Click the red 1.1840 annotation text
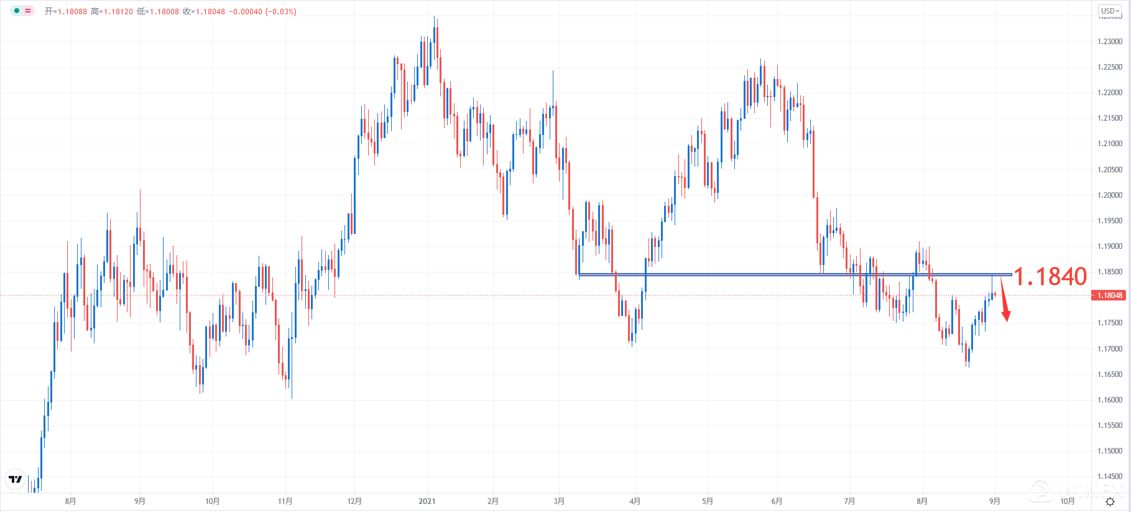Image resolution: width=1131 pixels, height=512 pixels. [x=1050, y=277]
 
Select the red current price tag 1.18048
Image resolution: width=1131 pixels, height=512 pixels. [x=1109, y=296]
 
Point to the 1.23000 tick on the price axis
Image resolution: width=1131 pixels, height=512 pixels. [x=1110, y=42]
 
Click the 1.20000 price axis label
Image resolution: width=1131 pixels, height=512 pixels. [x=1110, y=195]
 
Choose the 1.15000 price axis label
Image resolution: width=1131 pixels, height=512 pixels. [x=1110, y=451]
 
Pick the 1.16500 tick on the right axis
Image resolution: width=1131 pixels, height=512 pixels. [x=1110, y=375]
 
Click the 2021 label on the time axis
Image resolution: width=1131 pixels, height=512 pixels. [x=427, y=501]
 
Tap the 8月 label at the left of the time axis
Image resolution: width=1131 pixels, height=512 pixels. [x=70, y=501]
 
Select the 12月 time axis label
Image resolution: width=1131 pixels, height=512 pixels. [x=354, y=501]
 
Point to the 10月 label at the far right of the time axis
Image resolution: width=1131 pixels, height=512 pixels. [x=1067, y=501]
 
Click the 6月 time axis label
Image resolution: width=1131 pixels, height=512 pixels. [x=777, y=501]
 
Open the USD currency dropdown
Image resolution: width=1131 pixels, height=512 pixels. [x=1110, y=11]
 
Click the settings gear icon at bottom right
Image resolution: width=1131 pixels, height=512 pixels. [x=1110, y=501]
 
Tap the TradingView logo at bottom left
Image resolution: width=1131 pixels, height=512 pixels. [x=16, y=479]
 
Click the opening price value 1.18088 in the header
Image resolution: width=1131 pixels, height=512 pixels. [x=72, y=12]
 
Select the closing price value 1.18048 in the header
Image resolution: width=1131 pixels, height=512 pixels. [x=210, y=12]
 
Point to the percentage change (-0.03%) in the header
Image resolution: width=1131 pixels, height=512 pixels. [x=280, y=12]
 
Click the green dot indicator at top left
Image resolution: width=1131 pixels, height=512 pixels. [x=17, y=11]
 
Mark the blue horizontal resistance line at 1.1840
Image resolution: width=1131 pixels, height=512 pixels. [x=746, y=274]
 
